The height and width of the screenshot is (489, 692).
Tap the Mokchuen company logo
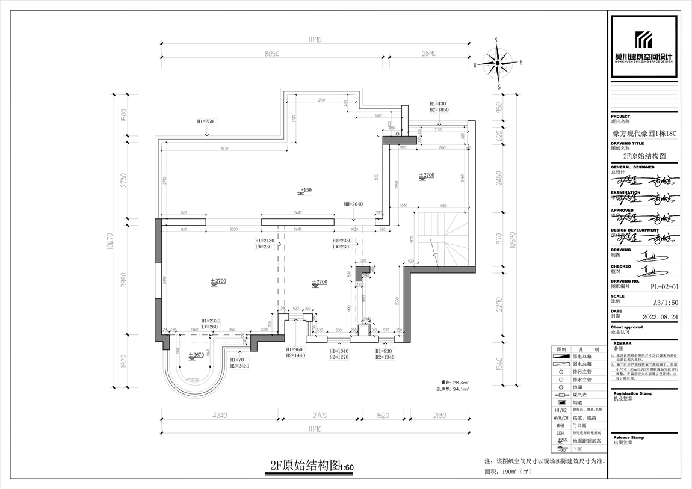tap(644, 45)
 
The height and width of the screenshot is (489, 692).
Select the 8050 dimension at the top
tap(273, 54)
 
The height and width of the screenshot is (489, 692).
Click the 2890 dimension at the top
tap(428, 54)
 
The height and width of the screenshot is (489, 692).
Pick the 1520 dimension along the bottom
tap(383, 415)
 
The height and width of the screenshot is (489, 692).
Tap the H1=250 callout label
tap(206, 122)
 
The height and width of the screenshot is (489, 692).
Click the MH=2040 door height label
tap(353, 205)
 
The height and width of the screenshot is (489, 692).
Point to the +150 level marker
tap(304, 191)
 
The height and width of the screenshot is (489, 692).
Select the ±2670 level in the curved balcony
tap(196, 355)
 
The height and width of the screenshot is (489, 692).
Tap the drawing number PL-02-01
tap(664, 287)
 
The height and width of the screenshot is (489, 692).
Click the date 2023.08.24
tap(660, 316)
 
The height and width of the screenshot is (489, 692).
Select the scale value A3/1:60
tap(665, 303)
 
